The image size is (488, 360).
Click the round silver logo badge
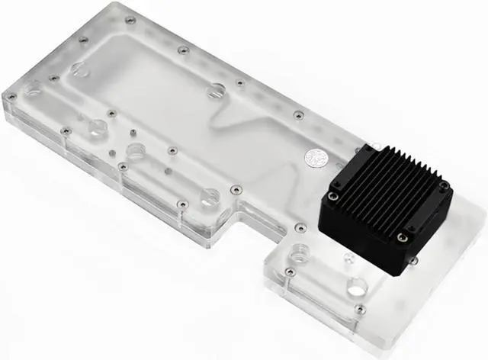(x=313, y=157)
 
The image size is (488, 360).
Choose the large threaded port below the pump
(x=355, y=288)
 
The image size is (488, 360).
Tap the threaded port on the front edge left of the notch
(x=209, y=197)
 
